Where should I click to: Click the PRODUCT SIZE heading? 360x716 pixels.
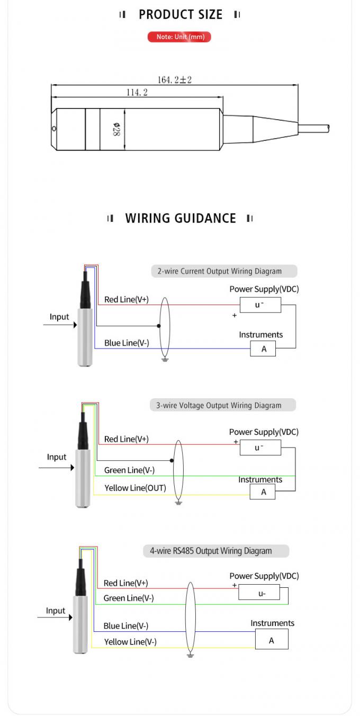pyautogui.click(x=180, y=15)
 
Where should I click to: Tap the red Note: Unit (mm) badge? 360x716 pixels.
pyautogui.click(x=179, y=37)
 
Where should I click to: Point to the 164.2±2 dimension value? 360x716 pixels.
pyautogui.click(x=174, y=80)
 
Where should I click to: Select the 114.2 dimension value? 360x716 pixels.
pyautogui.click(x=137, y=93)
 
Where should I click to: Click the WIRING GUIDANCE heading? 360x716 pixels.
pyautogui.click(x=180, y=218)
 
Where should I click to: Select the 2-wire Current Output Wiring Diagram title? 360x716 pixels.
pyautogui.click(x=224, y=271)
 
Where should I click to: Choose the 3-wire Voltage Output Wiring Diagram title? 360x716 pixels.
pyautogui.click(x=222, y=406)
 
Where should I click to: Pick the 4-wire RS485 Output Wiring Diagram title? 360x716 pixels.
pyautogui.click(x=216, y=551)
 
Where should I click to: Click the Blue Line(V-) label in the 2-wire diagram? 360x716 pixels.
pyautogui.click(x=127, y=343)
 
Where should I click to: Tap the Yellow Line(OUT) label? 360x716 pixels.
pyautogui.click(x=135, y=488)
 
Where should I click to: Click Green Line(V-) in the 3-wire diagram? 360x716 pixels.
pyautogui.click(x=129, y=470)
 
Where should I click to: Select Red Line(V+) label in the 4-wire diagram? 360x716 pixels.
pyautogui.click(x=125, y=583)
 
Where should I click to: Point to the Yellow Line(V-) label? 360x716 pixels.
pyautogui.click(x=130, y=642)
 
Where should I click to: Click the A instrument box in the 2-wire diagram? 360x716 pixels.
pyautogui.click(x=263, y=349)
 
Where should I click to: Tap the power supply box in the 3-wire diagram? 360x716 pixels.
pyautogui.click(x=260, y=448)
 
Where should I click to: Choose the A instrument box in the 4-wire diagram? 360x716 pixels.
pyautogui.click(x=272, y=640)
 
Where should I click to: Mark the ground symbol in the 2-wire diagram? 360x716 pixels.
pyautogui.click(x=165, y=360)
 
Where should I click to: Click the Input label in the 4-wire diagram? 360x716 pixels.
pyautogui.click(x=55, y=611)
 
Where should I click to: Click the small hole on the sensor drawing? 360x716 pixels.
pyautogui.click(x=54, y=129)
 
